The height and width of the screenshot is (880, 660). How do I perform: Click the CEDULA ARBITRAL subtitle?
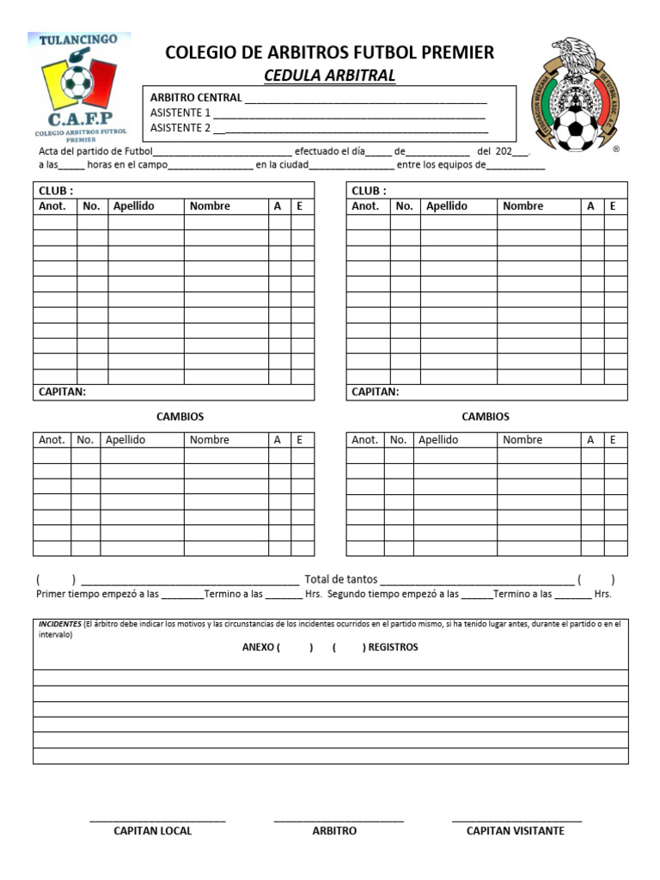tap(329, 76)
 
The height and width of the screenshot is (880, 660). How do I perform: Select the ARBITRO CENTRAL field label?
tap(196, 98)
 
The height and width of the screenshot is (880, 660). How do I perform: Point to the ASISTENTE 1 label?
tap(180, 113)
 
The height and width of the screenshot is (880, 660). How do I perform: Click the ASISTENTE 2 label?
tap(180, 128)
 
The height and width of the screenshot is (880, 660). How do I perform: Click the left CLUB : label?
tap(56, 191)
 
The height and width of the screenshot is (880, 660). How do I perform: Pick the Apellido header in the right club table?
tap(447, 206)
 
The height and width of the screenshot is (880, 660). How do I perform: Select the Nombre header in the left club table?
tap(210, 206)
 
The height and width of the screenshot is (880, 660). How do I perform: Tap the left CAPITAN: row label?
tap(62, 392)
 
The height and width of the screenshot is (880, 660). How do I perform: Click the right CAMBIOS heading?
tap(486, 417)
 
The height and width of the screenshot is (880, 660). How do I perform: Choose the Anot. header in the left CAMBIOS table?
tap(52, 440)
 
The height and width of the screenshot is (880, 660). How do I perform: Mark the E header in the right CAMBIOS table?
tap(613, 440)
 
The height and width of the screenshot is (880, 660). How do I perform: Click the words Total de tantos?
tap(340, 579)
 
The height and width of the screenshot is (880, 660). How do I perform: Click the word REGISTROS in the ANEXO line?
tap(393, 647)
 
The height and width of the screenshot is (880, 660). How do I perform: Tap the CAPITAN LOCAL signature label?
tap(153, 831)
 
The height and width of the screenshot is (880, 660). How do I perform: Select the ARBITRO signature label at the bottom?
tap(334, 831)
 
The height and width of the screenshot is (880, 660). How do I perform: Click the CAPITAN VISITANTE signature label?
tap(515, 831)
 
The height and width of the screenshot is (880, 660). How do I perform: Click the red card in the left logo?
tap(101, 80)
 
